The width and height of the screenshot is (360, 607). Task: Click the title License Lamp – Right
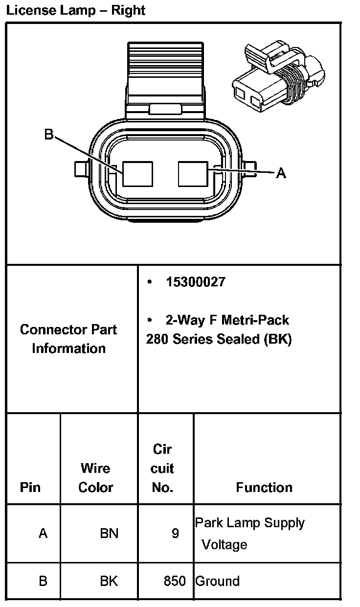(x=76, y=10)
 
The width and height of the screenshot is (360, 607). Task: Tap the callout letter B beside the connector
(x=49, y=134)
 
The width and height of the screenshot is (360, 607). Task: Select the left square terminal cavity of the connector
(x=137, y=174)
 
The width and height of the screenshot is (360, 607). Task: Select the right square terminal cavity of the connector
(x=194, y=174)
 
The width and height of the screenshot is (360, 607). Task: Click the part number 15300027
(x=196, y=282)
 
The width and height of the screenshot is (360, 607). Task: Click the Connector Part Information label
(x=68, y=339)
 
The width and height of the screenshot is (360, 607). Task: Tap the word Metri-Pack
(x=255, y=320)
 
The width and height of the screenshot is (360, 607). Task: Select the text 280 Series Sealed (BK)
(x=219, y=339)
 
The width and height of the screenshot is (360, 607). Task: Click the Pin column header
(x=30, y=488)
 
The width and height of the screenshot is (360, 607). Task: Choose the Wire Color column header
(x=96, y=478)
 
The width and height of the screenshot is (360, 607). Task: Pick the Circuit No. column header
(x=162, y=468)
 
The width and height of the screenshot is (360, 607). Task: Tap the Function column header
(x=264, y=488)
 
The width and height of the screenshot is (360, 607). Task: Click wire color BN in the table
(x=109, y=533)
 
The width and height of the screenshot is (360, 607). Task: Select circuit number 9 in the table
(x=175, y=533)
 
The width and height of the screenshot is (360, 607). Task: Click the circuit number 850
(x=175, y=581)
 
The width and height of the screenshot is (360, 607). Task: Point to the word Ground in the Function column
(x=218, y=581)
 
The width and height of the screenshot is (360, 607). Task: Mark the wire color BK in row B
(x=109, y=581)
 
